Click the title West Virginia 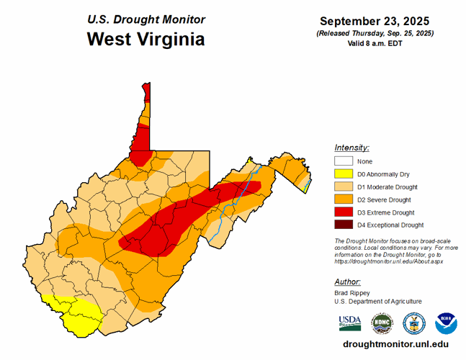click(145, 39)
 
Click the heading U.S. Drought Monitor click(145, 19)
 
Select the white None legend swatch click(343, 161)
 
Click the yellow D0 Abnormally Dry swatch click(343, 174)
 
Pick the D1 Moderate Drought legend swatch click(343, 187)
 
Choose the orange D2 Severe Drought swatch click(343, 199)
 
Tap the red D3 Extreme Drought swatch click(343, 212)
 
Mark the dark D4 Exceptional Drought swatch click(343, 225)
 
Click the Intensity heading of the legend click(352, 147)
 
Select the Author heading click(348, 282)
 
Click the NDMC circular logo click(382, 323)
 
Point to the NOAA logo click(446, 323)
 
